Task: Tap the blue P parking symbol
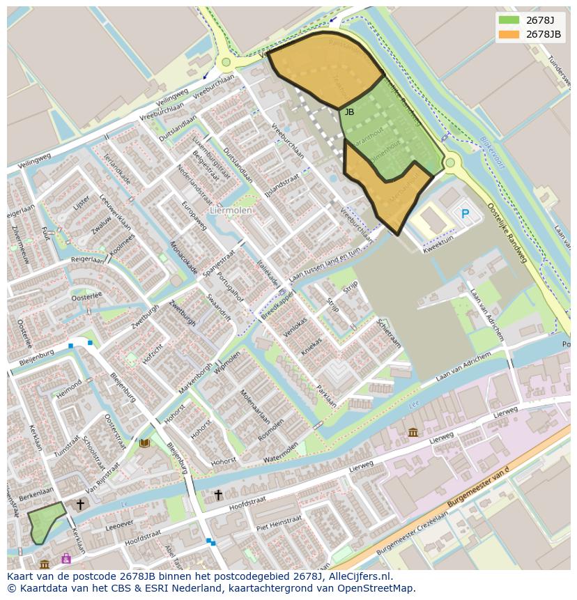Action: (465, 214)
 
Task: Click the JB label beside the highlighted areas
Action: (349, 111)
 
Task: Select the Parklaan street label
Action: (327, 397)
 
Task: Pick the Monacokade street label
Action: (184, 258)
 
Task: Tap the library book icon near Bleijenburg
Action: (144, 443)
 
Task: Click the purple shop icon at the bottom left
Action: (66, 559)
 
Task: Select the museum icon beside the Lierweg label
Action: (413, 433)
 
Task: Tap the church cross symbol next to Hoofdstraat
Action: (218, 495)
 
